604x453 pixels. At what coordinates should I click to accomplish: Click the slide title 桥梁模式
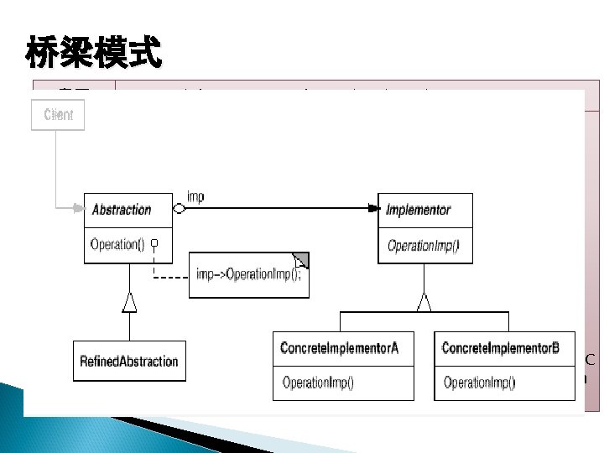(x=93, y=53)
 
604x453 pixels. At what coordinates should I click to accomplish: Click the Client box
(x=58, y=115)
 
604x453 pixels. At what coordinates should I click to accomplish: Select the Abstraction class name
(x=122, y=210)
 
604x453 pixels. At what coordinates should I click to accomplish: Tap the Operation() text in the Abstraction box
(x=117, y=245)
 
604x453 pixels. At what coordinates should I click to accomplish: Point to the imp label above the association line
(x=195, y=197)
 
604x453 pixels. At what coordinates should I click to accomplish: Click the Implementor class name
(x=418, y=210)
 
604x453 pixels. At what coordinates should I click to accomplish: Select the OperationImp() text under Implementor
(x=423, y=246)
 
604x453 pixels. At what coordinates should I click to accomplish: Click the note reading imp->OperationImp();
(x=248, y=275)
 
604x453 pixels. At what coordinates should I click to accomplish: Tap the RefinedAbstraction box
(x=129, y=362)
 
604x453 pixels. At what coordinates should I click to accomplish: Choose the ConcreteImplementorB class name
(x=500, y=348)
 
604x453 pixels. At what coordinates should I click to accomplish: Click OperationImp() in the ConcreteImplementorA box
(x=318, y=383)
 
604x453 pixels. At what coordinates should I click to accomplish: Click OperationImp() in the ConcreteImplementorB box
(x=479, y=383)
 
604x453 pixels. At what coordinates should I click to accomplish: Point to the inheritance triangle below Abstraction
(x=129, y=302)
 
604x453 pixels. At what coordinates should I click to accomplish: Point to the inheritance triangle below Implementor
(x=424, y=302)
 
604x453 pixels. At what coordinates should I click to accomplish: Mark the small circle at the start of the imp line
(x=178, y=210)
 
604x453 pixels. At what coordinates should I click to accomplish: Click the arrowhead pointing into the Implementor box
(x=372, y=210)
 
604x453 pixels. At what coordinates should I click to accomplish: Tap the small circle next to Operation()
(x=154, y=245)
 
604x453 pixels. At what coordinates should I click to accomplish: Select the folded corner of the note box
(x=301, y=260)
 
